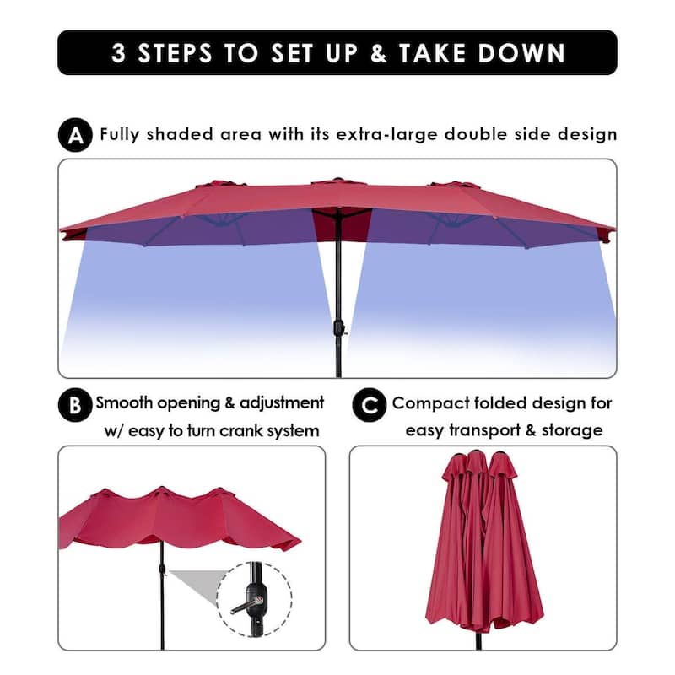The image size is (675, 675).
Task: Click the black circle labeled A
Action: [76, 135]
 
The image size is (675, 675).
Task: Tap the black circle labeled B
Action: [75, 405]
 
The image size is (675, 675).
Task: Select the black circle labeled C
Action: [368, 405]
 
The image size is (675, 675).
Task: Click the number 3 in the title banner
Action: [120, 52]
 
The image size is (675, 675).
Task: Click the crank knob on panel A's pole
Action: [342, 327]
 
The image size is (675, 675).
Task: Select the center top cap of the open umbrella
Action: [337, 181]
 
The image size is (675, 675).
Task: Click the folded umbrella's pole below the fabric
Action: [478, 640]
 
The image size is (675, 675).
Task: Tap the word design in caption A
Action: [588, 134]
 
